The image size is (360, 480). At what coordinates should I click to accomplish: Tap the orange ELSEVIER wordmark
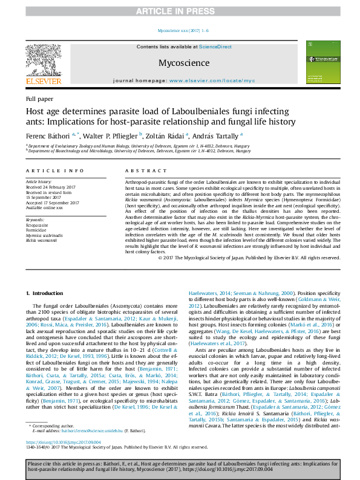point(42,81)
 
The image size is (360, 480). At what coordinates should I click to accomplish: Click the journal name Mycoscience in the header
point(183,63)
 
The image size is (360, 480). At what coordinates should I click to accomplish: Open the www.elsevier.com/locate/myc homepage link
point(212,80)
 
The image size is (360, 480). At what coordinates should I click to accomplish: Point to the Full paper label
point(39,99)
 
